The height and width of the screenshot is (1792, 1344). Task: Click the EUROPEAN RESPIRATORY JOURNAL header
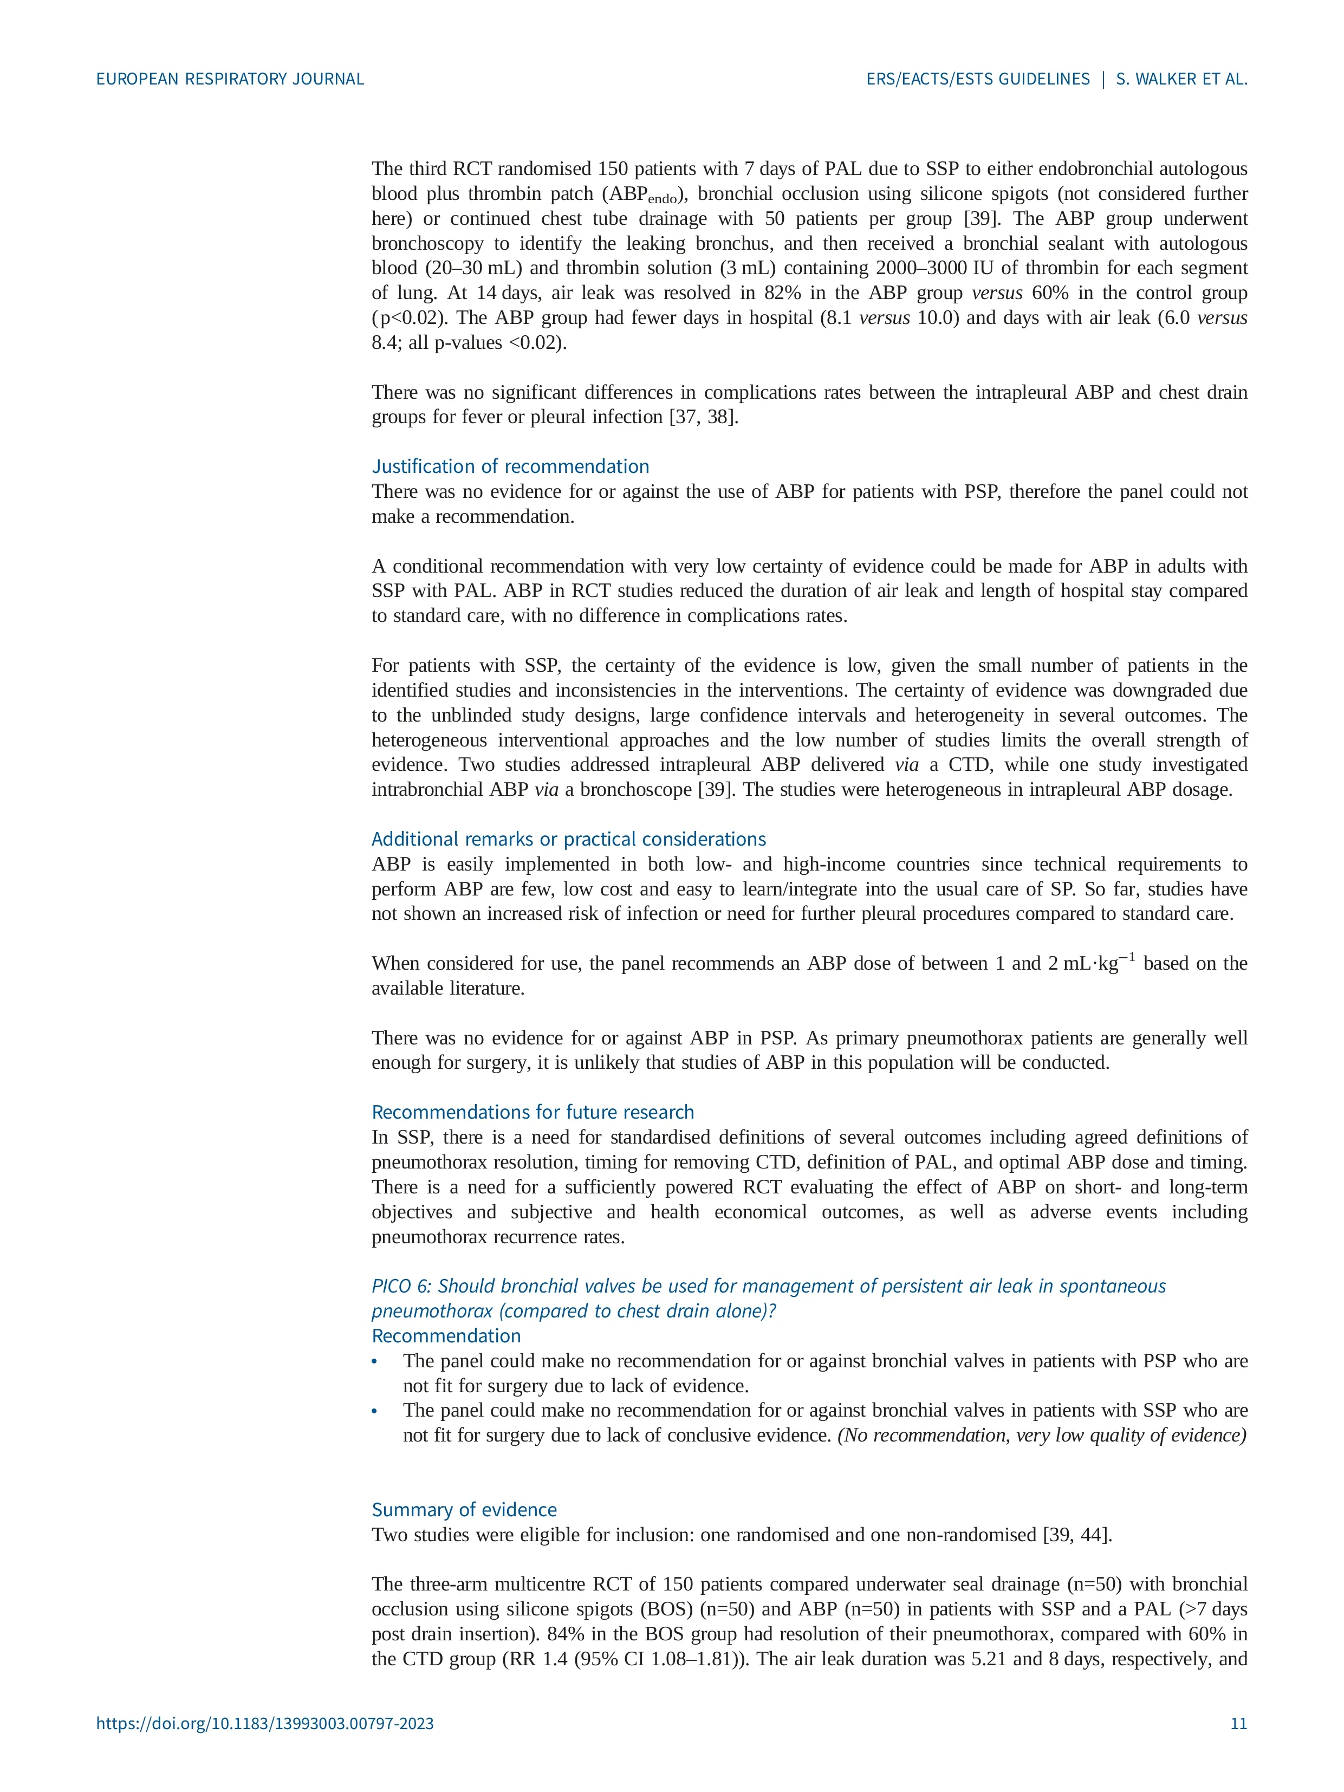point(230,79)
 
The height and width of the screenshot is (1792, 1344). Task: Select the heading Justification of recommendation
point(510,466)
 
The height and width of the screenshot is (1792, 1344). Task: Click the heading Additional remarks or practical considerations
point(569,839)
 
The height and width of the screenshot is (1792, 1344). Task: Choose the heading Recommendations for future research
point(533,1112)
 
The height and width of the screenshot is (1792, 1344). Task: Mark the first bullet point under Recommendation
point(374,1362)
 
